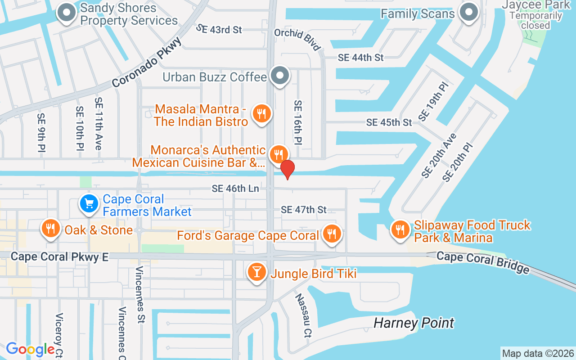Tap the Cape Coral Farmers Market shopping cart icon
tap(89, 204)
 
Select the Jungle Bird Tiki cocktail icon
tap(256, 272)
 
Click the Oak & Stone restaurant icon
tap(50, 229)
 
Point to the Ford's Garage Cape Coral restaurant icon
tap(332, 234)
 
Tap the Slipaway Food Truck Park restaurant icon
tap(400, 230)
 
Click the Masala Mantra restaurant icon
tap(261, 114)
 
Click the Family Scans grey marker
tap(468, 12)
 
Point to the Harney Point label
tap(414, 323)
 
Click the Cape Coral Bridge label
tap(483, 263)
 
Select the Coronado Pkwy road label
tap(147, 62)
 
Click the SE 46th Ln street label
tap(235, 189)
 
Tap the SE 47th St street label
tap(304, 210)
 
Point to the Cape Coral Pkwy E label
tap(59, 256)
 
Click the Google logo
tap(30, 349)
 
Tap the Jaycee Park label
tap(535, 5)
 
